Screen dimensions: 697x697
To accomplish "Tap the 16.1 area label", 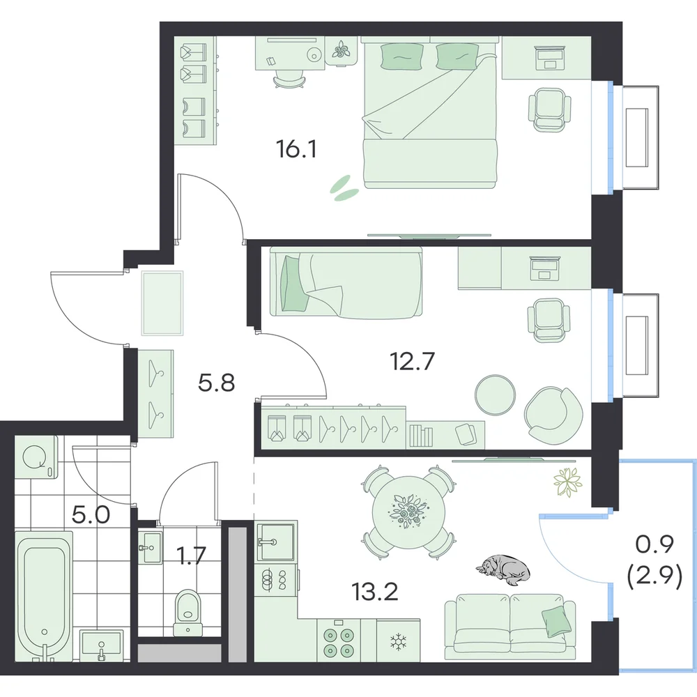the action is coord(296,149).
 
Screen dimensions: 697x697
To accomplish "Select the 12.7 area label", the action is coord(412,361).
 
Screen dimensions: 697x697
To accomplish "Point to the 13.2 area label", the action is coord(374,591).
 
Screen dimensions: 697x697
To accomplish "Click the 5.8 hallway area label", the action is coord(216,383).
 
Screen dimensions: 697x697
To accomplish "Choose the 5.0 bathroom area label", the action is coord(91,515).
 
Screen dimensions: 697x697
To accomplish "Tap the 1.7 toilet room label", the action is coord(192,556).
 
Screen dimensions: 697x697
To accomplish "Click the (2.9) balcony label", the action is coord(654,579).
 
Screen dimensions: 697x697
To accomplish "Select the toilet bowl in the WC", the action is coord(188,612).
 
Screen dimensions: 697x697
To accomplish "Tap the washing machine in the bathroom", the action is coord(36,457).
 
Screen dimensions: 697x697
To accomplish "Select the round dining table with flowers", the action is coord(408,511).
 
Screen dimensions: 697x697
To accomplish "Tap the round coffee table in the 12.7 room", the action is coord(495,395).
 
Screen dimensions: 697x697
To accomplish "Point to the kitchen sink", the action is coord(275,542).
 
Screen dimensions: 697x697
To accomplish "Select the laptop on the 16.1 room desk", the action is coord(549,58).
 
